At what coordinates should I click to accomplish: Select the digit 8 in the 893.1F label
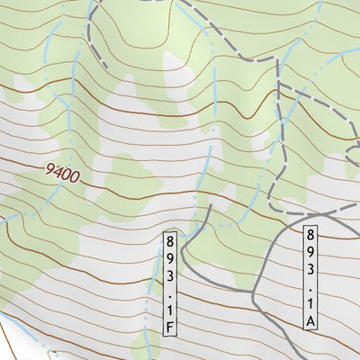[x=170, y=239]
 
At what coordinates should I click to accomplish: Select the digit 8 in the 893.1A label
[x=311, y=232]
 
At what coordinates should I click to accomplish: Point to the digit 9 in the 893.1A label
[x=311, y=247]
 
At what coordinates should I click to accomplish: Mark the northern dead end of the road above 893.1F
[x=211, y=204]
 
